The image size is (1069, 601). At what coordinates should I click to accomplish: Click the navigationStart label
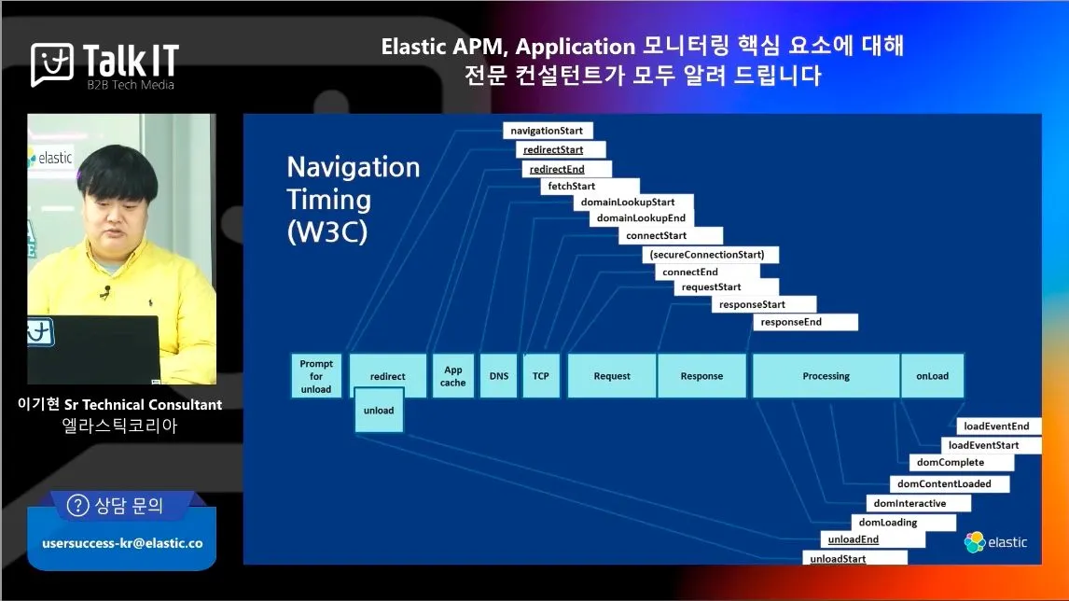coord(548,131)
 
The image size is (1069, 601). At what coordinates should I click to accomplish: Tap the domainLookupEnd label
coord(641,217)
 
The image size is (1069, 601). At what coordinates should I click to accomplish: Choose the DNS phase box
coord(498,376)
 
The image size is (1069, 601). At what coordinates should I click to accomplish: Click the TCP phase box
coord(541,376)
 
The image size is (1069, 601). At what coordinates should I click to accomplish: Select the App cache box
coord(452,376)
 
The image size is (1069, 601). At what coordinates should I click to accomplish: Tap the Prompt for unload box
coord(316,376)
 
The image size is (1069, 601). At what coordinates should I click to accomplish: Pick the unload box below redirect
coord(379,410)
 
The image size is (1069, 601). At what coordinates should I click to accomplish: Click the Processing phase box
coord(826,376)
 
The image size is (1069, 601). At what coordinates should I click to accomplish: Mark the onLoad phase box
coord(932,376)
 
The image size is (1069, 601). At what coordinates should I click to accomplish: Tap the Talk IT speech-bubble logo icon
coord(52,64)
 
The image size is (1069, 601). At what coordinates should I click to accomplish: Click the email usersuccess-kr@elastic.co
coord(123,543)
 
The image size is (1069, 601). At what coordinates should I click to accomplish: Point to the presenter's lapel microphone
coord(105,293)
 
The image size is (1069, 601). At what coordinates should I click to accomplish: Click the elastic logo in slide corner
coord(995,542)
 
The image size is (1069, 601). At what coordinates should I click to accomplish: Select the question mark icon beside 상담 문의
coord(77,506)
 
